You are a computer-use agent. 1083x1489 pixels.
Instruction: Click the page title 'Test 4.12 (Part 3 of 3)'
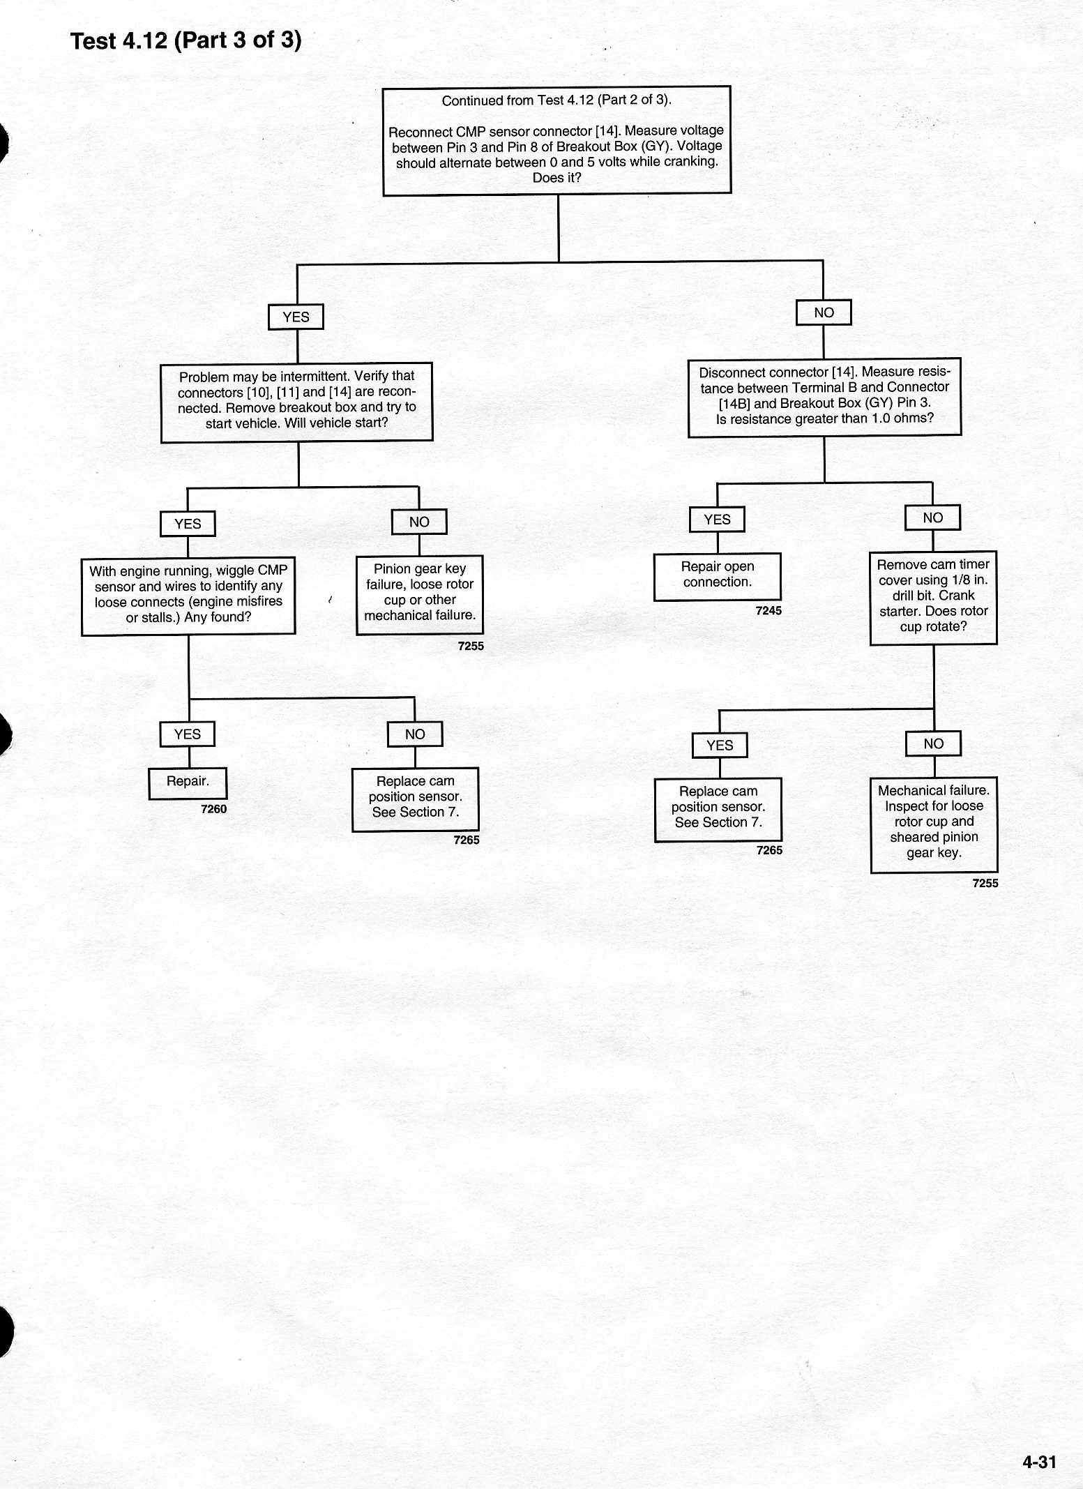[x=186, y=40]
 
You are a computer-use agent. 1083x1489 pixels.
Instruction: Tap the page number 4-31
[x=1039, y=1461]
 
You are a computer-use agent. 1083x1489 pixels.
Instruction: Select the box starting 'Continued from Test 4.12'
[x=556, y=140]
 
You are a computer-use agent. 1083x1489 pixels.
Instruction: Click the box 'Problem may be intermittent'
[x=296, y=402]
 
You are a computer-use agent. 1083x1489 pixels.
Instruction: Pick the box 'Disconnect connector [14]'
[x=824, y=398]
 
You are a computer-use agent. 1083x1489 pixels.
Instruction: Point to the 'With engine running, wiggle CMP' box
[x=188, y=596]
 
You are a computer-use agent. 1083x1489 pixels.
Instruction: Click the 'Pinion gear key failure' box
[x=420, y=595]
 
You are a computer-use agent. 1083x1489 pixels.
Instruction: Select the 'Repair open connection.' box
[x=718, y=577]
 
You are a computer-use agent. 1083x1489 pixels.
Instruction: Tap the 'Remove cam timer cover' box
[x=933, y=598]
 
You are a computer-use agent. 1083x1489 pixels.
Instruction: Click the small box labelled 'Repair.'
[x=188, y=783]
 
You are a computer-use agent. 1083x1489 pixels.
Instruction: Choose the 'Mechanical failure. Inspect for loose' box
[x=934, y=824]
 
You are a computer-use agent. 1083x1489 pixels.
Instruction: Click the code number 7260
[x=213, y=809]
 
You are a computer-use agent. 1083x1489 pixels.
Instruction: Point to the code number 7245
[x=768, y=610]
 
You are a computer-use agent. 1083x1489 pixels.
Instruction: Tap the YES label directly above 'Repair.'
[x=188, y=734]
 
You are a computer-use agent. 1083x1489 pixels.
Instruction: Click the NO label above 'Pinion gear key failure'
[x=419, y=522]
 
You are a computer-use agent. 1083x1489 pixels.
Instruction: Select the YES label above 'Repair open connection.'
[x=717, y=519]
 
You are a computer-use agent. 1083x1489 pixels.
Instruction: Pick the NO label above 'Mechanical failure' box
[x=933, y=743]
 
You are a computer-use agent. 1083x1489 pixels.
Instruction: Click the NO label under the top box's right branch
[x=824, y=312]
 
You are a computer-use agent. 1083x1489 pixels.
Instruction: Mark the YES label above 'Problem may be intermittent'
[x=296, y=317]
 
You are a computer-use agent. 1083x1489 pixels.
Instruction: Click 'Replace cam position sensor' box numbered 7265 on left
[x=416, y=799]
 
